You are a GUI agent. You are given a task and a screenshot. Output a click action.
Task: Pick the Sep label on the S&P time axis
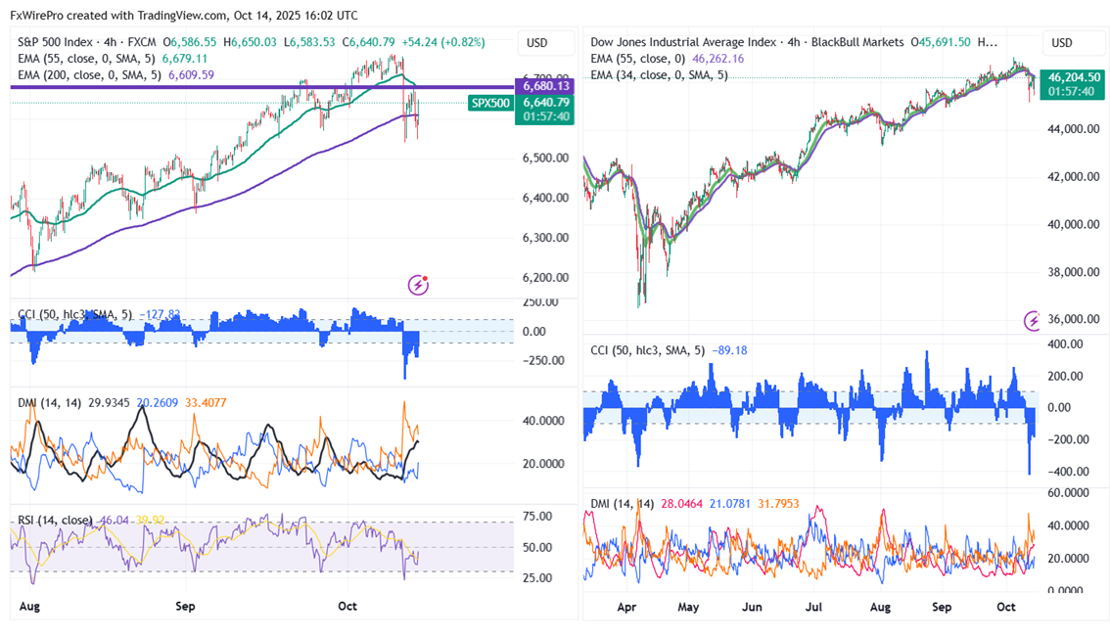(x=185, y=607)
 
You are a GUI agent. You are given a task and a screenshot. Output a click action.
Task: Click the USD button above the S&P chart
(x=537, y=43)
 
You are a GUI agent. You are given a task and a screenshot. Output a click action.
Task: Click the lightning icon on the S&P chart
(x=418, y=285)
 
